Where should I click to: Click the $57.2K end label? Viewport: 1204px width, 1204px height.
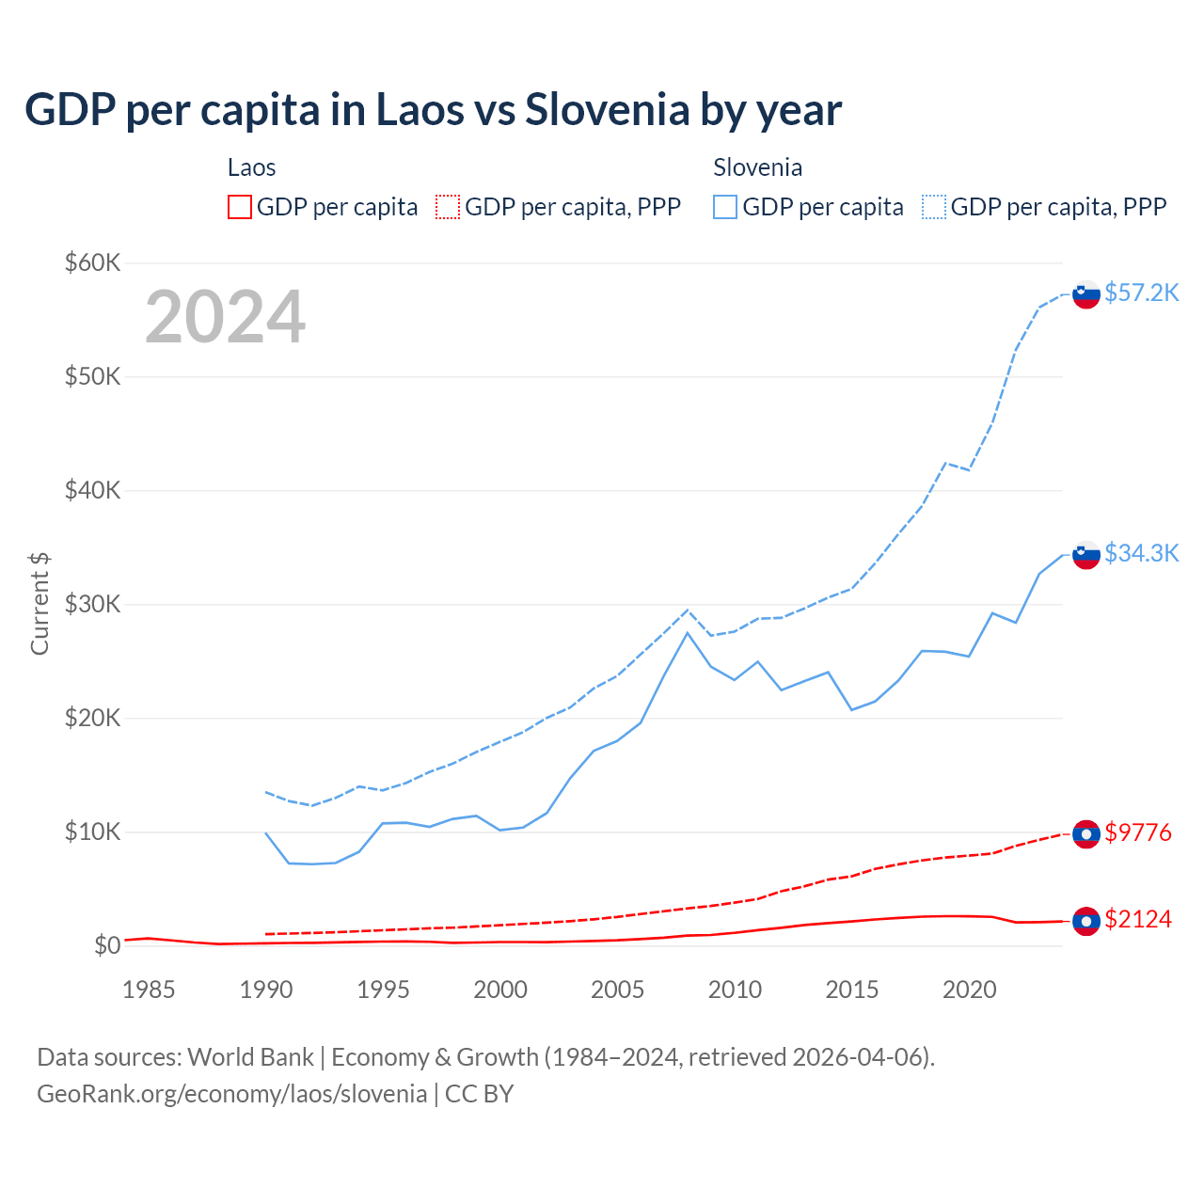1141,293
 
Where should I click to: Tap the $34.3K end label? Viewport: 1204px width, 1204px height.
1141,553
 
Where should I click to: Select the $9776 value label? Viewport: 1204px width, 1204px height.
1138,832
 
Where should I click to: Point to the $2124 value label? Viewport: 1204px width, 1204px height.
1138,919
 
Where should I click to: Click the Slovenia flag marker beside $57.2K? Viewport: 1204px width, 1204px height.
1086,294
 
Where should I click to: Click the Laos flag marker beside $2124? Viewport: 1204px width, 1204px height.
1086,921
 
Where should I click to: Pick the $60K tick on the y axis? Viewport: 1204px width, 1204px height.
92,262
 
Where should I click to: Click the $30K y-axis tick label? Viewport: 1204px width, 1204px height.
92,604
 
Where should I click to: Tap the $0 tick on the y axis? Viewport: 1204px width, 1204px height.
106,945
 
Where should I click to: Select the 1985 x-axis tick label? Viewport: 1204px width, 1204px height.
149,990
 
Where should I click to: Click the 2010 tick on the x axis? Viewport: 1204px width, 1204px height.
735,990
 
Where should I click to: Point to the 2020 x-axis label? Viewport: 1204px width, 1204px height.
969,990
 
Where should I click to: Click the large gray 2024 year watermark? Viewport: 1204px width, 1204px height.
225,317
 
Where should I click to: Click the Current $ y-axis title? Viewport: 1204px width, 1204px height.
40,604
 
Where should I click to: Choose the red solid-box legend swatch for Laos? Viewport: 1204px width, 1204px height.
240,207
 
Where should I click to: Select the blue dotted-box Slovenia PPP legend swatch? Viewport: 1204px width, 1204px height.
934,207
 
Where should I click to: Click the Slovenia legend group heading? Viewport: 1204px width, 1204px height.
757,167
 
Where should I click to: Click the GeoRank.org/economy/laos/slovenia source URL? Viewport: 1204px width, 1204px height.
231,1094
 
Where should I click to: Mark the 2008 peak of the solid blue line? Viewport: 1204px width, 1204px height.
688,633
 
